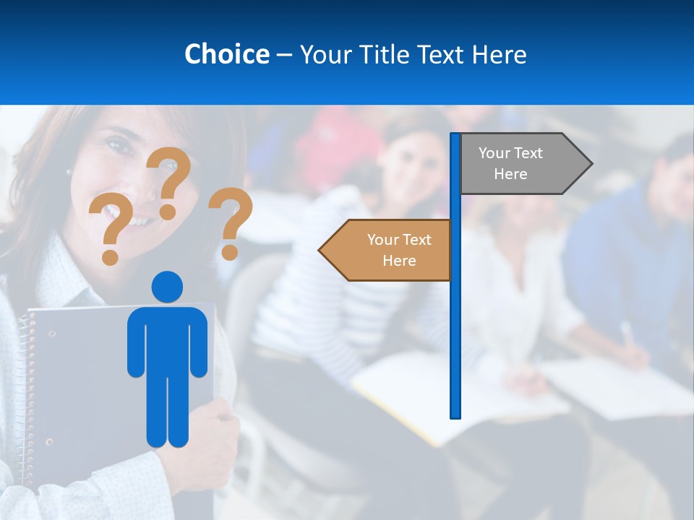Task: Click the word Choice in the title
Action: tap(226, 54)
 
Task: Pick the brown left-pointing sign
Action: tap(390, 250)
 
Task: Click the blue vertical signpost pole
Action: tap(455, 325)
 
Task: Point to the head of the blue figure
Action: tap(167, 287)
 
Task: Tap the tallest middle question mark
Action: tap(169, 181)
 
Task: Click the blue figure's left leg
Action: tap(157, 412)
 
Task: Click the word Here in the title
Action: tap(499, 54)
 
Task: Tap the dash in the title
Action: tap(284, 55)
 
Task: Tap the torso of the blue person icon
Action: tap(167, 339)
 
